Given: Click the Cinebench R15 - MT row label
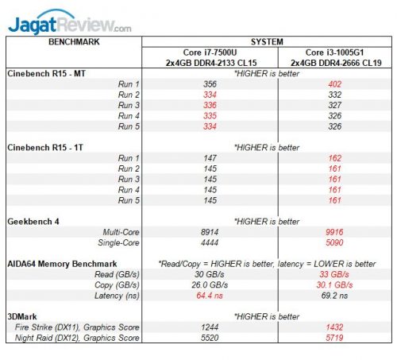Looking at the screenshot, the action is pyautogui.click(x=51, y=73).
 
